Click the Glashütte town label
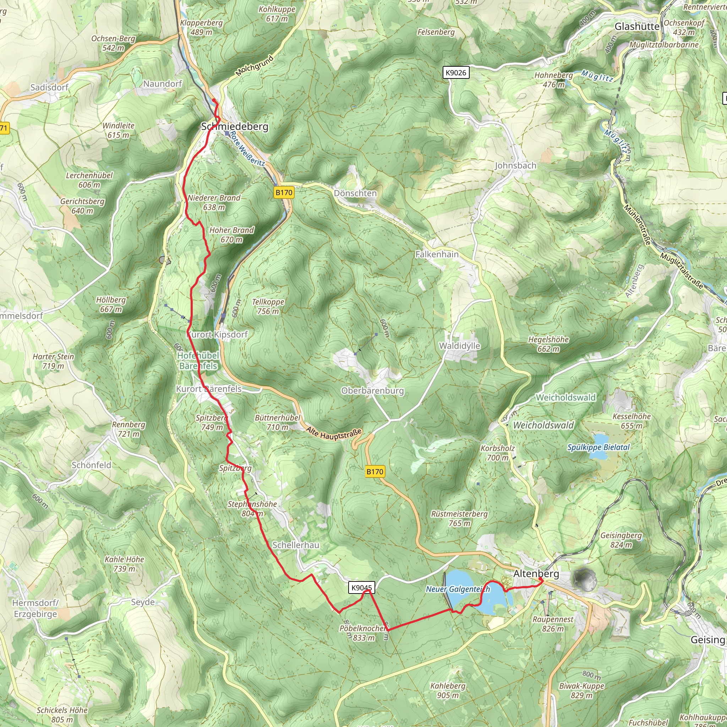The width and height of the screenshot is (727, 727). tap(637, 27)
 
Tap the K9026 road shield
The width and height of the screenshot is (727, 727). tap(456, 73)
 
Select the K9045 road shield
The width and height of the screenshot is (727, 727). tap(361, 588)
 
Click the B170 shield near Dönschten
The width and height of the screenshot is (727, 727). tap(284, 193)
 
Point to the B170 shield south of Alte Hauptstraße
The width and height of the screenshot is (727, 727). tap(375, 471)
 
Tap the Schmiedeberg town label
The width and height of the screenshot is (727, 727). tap(235, 126)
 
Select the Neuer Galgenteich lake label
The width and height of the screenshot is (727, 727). tap(458, 589)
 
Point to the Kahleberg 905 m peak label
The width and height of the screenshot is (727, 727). tap(448, 690)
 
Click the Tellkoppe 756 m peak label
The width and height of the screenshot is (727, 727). tap(268, 306)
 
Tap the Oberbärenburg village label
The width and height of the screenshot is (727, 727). tap(372, 390)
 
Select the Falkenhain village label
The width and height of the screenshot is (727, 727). tap(437, 255)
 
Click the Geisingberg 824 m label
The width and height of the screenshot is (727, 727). tap(621, 540)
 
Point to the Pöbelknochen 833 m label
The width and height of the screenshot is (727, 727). tap(363, 633)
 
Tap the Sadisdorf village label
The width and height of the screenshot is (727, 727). tap(49, 87)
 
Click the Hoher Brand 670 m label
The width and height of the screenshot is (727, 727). tap(231, 235)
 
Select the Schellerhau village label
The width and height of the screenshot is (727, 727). tap(296, 545)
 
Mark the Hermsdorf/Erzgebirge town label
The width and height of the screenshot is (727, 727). tap(35, 608)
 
